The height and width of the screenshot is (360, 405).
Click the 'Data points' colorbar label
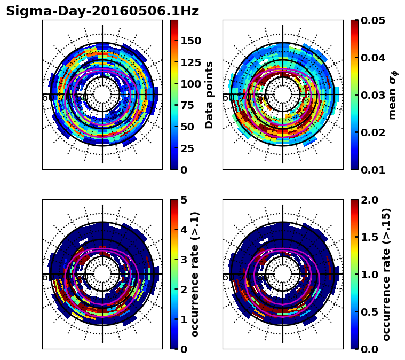tap(209, 95)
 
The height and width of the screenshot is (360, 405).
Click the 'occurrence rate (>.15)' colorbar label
tap(387, 274)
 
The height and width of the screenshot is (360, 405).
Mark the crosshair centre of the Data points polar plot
tap(102, 95)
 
